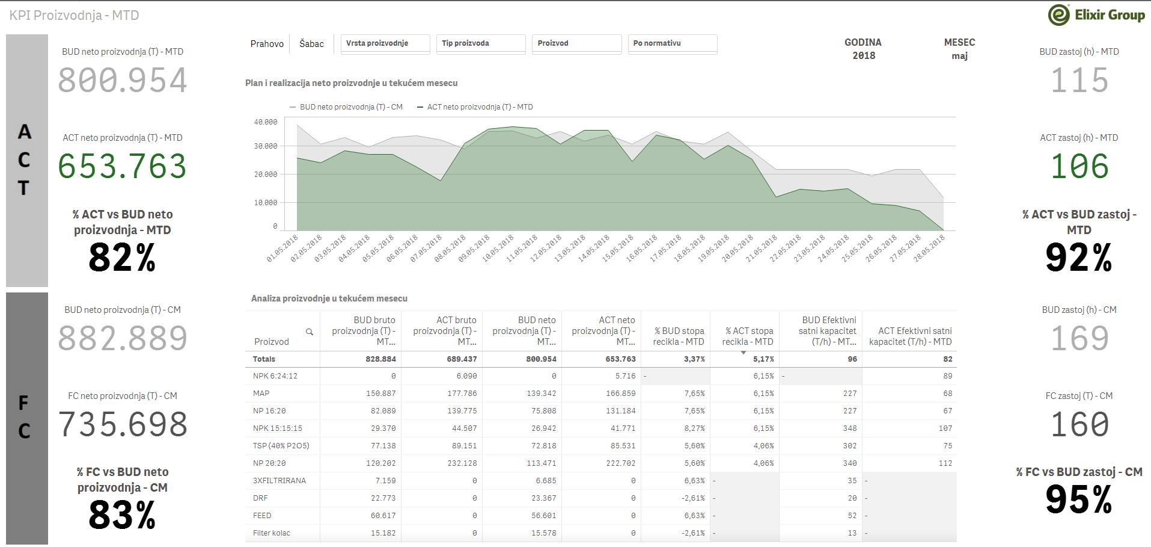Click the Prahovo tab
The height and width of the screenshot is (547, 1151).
pos(267,44)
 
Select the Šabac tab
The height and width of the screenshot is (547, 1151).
pos(311,44)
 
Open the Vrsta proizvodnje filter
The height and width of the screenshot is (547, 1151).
pos(385,44)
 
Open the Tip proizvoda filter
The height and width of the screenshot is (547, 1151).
pos(481,44)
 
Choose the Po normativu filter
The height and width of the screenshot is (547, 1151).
pos(673,44)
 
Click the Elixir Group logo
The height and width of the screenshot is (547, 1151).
pos(1096,15)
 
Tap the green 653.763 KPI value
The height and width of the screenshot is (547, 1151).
pos(123,166)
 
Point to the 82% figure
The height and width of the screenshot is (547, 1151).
pos(122,258)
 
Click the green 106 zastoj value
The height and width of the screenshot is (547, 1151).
pos(1079,166)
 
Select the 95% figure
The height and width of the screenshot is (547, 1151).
pos(1079,500)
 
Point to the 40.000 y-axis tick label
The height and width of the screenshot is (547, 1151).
pos(266,122)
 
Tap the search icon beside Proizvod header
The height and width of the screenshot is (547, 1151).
pos(310,332)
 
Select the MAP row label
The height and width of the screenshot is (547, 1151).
pos(261,394)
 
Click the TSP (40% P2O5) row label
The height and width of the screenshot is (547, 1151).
pos(281,446)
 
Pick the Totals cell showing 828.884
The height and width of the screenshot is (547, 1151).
pos(380,359)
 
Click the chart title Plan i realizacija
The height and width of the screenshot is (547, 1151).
pos(351,83)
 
